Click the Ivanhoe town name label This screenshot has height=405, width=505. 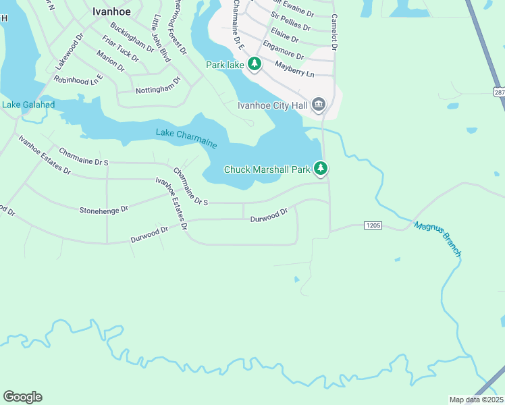pos(111,11)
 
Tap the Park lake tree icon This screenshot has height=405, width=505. pos(255,65)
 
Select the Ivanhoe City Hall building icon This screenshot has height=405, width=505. pos(319,105)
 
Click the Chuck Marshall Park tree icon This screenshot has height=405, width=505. pos(323,169)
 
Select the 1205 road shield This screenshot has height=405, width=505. pos(373,225)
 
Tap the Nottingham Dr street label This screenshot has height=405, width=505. pos(158,85)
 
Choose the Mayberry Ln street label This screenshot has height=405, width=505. pos(295,68)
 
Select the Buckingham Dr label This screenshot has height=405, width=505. pos(132,38)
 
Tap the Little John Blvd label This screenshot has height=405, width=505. pos(161,38)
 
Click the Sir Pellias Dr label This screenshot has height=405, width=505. pos(290,22)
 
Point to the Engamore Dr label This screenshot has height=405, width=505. pos(284,51)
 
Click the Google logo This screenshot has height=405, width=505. pos(22,397)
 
